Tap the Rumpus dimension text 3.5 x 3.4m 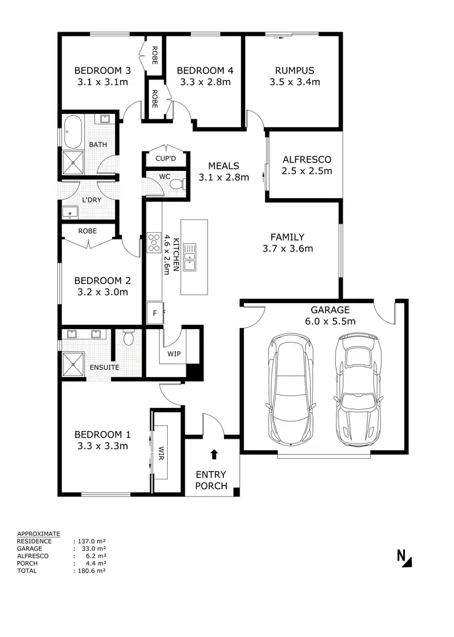tap(294, 82)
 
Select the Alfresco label tap(307, 159)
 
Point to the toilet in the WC tap(176, 183)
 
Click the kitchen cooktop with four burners tap(154, 242)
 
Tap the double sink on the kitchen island tap(190, 256)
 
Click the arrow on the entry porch tap(212, 453)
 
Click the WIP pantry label tap(173, 354)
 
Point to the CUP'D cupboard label tap(165, 159)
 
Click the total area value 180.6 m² tap(91, 570)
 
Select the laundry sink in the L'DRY tap(70, 212)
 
